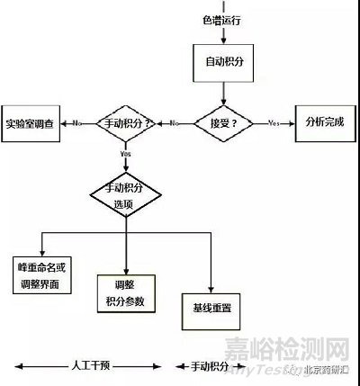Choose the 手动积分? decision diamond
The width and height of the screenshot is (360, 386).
pos(127,121)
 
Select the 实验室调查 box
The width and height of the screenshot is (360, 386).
pos(31,121)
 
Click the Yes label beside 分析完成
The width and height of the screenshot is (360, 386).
pos(274,122)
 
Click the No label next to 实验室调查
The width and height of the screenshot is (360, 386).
pos(78,122)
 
